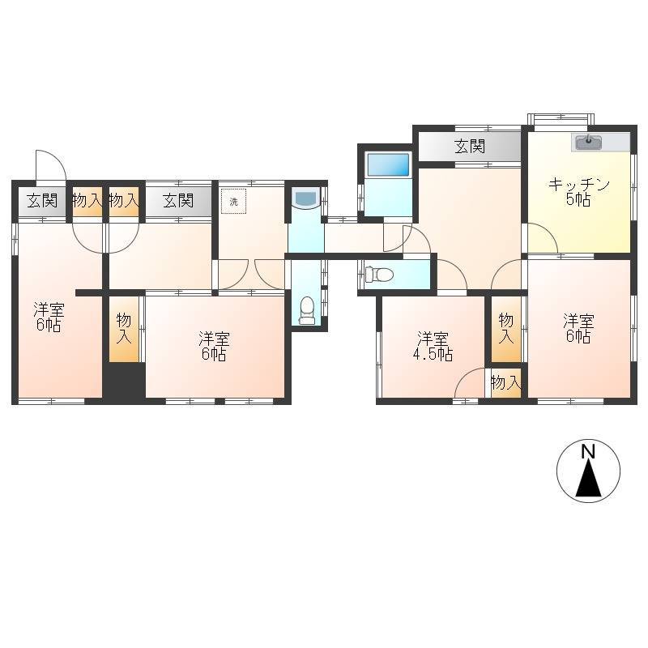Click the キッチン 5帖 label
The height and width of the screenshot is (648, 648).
[x=578, y=192]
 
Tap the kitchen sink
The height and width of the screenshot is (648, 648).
[x=589, y=143]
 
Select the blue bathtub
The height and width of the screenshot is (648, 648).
[x=389, y=164]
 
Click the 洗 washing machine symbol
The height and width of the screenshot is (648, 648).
[x=233, y=201]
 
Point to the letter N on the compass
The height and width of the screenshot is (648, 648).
[x=588, y=451]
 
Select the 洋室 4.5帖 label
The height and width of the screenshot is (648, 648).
[x=433, y=346]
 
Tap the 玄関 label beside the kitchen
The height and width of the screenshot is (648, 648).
[x=470, y=147]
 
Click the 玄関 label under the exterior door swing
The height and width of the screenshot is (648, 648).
[x=42, y=201]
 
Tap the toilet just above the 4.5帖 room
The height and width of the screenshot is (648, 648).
[x=379, y=274]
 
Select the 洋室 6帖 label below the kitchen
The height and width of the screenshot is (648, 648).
[x=578, y=328]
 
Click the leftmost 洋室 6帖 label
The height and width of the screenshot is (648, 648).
[x=49, y=317]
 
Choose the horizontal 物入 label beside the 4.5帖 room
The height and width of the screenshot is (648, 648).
[x=505, y=383]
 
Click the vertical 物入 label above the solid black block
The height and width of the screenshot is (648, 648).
[x=124, y=328]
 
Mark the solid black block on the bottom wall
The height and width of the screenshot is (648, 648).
[x=124, y=382]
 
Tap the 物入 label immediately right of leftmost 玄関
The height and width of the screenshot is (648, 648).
[x=87, y=201]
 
